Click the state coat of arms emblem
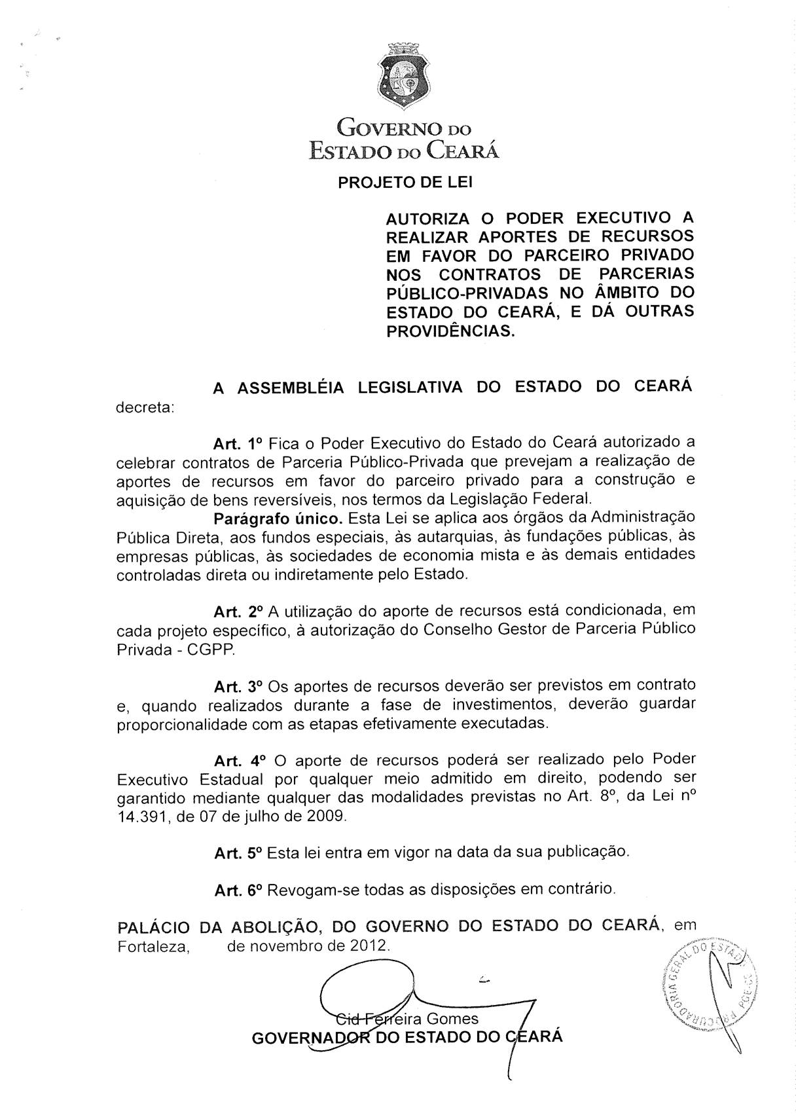[x=405, y=73]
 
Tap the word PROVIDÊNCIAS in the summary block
[x=450, y=331]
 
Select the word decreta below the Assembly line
[x=145, y=407]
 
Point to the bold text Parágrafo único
[x=278, y=519]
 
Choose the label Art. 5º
[x=238, y=854]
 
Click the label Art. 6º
[x=238, y=890]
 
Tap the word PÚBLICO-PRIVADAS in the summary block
[x=467, y=293]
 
